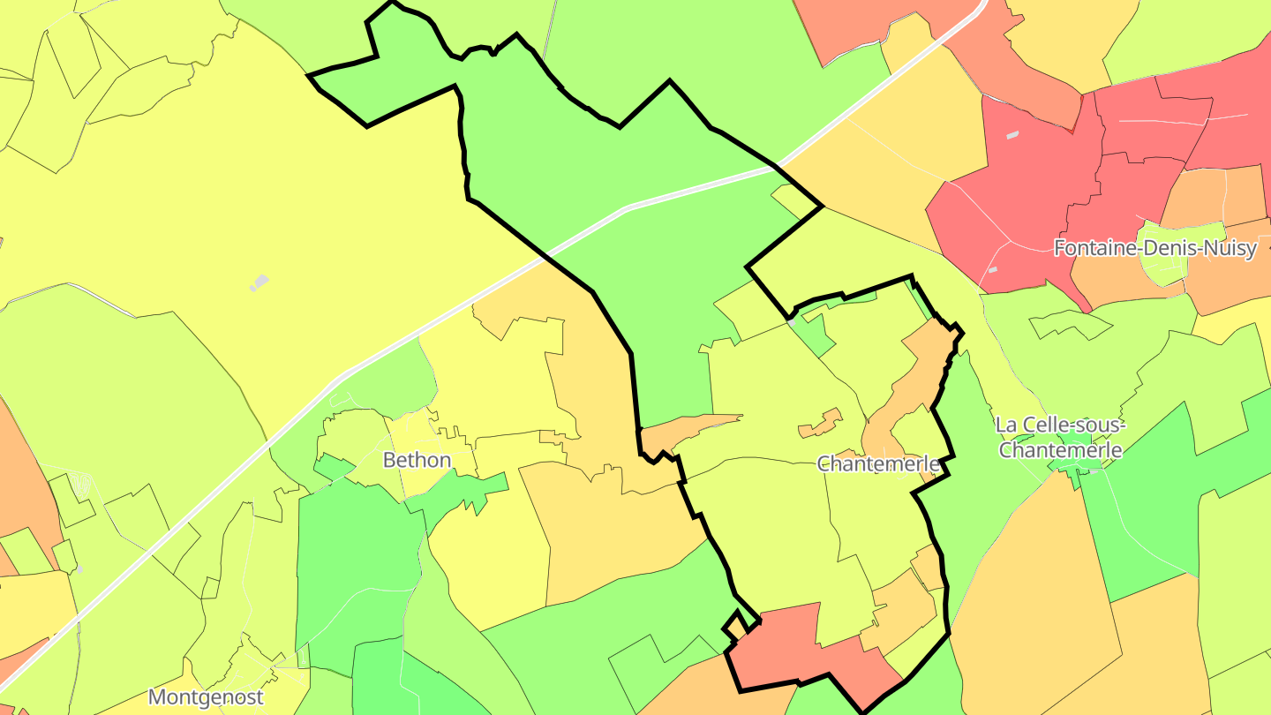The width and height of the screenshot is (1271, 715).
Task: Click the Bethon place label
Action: coord(417,460)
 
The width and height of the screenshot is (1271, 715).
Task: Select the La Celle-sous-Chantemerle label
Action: coord(1059,437)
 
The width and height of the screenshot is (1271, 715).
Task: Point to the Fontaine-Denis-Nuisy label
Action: coord(1154,248)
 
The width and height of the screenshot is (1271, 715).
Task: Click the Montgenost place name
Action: coord(206,697)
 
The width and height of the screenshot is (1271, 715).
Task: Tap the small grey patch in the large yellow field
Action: coord(259,282)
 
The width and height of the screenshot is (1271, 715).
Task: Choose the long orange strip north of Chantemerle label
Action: coord(909,380)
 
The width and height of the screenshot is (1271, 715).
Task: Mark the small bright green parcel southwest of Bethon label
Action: coord(332,465)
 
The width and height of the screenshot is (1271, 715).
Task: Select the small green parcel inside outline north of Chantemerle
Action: coord(816,335)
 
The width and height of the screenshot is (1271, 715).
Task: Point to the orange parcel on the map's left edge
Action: coord(22,494)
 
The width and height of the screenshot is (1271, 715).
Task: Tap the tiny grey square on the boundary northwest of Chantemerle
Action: coord(793,323)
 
